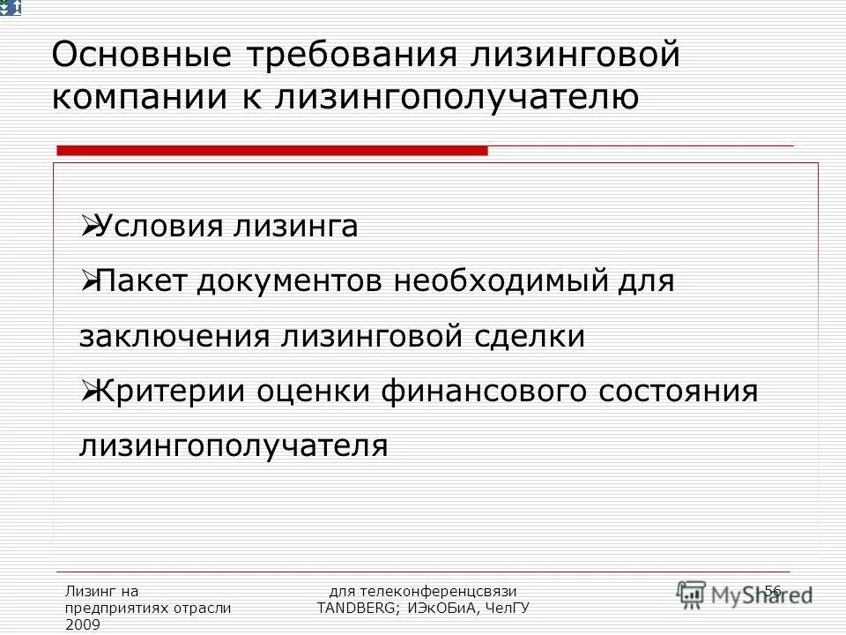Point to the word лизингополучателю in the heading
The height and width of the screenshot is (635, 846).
(x=458, y=98)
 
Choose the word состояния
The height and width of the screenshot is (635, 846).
(x=681, y=391)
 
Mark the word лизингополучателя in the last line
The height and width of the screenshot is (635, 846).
(x=234, y=445)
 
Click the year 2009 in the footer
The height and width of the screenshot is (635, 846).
(x=83, y=624)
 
